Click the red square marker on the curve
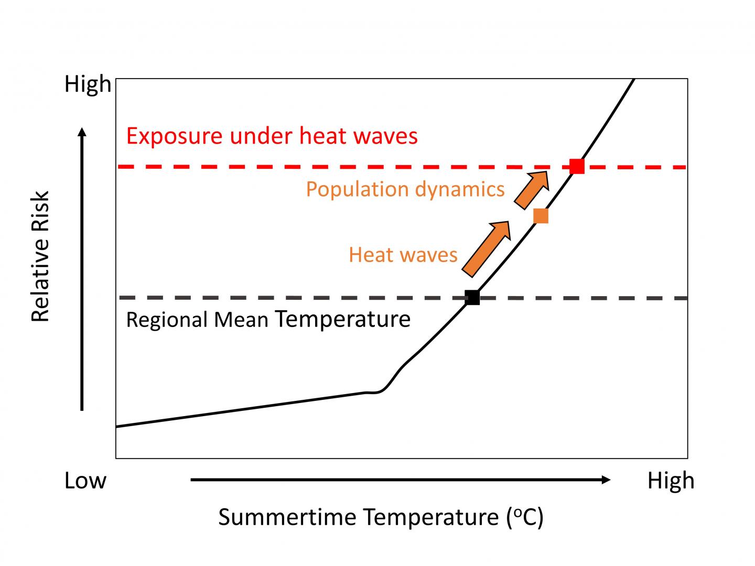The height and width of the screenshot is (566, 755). pos(577,166)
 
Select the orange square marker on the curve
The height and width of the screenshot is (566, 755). pos(541,215)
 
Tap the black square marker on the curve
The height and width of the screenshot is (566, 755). pos(472,297)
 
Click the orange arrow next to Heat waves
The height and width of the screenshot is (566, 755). pos(486,248)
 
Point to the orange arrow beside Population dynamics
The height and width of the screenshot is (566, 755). pos(532,189)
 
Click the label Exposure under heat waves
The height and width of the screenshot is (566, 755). pos(272,136)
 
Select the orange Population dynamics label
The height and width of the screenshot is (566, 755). pos(405,189)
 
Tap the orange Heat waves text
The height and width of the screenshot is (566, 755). pos(403,255)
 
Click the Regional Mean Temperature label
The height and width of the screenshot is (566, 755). pos(268,319)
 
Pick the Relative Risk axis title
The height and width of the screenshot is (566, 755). pos(40,256)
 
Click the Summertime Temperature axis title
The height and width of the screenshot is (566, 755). pos(381,517)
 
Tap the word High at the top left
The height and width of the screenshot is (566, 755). pos(88,84)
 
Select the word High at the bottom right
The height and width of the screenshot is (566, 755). pos(671,481)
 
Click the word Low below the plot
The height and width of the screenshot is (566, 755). pos(85,481)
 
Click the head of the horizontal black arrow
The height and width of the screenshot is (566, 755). pos(606,480)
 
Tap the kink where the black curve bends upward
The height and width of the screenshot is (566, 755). pos(380,391)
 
